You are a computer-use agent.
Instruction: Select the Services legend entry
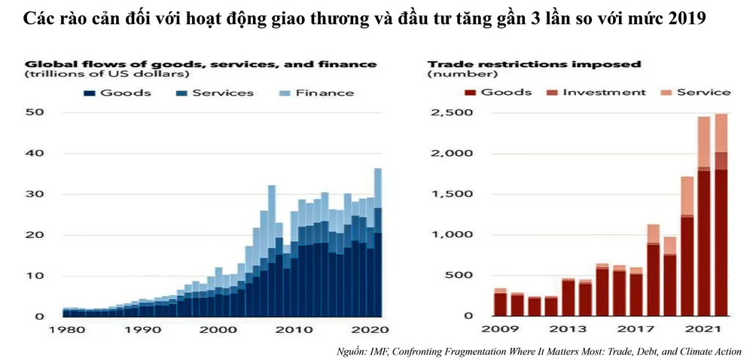pos(215,93)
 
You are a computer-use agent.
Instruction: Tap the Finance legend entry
pos(316,93)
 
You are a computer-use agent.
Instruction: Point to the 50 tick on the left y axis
pos(35,113)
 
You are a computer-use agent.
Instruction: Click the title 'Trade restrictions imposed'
pos(534,64)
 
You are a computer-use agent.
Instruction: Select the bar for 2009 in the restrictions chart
pos(500,303)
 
